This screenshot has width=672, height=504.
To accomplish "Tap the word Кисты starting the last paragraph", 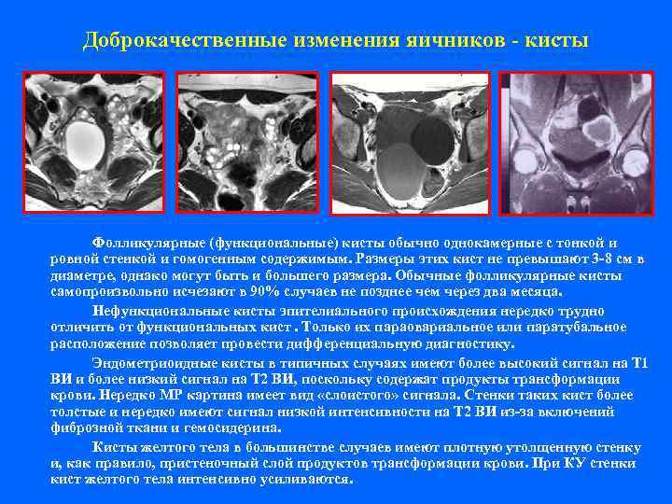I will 114,447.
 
